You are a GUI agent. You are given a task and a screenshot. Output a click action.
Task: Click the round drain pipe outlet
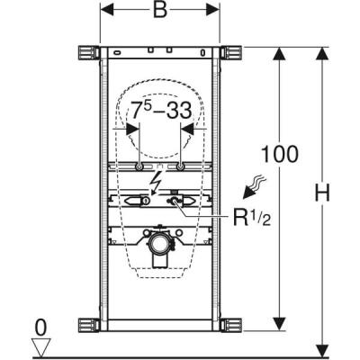tap(159, 240)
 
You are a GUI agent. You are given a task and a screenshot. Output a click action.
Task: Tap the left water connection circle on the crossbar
tap(139, 168)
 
